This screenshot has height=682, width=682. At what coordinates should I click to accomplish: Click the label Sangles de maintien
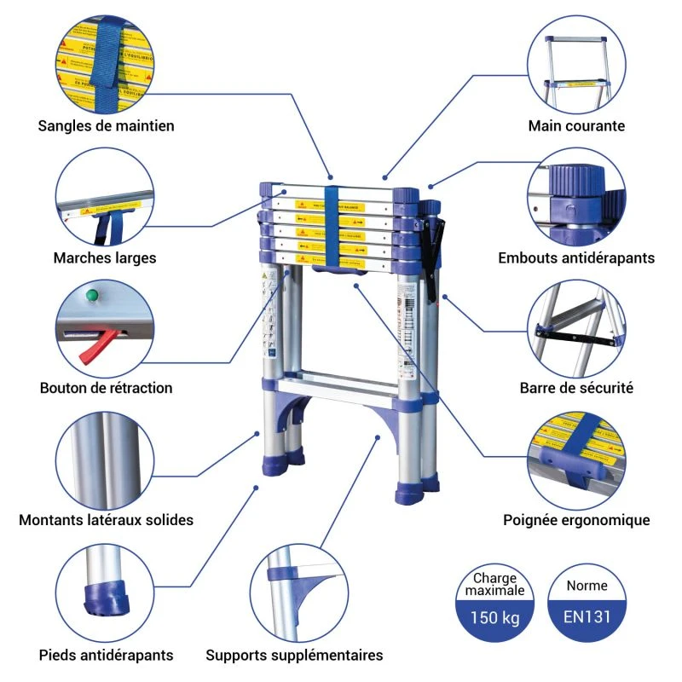point(106,126)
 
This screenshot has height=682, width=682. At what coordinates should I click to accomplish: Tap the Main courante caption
point(576,126)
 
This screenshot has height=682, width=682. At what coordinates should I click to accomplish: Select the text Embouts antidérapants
point(576,257)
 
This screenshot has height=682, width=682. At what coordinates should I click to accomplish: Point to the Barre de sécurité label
point(576,388)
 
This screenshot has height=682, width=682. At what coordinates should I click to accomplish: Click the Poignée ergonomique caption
point(576,519)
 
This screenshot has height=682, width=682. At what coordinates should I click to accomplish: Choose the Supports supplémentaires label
point(294,656)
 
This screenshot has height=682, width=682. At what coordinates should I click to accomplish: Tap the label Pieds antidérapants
point(106,656)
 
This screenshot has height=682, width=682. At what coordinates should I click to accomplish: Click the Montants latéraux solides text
point(106,519)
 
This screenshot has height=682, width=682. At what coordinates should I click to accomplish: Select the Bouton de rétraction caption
point(106,388)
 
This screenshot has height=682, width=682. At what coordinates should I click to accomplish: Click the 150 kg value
point(495,618)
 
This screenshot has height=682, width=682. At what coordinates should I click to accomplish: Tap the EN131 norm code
point(587,618)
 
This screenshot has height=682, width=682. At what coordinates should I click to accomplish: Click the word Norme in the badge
point(587,586)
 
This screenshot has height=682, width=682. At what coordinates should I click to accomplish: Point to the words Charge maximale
point(495,584)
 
